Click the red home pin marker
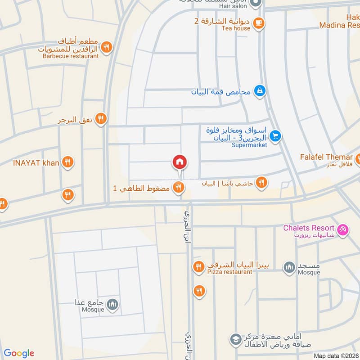[180, 162]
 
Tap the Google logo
[19, 353]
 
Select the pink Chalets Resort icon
[343, 229]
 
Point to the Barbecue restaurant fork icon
[106, 47]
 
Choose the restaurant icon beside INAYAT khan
[68, 162]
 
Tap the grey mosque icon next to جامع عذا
[113, 305]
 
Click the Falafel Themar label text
[326, 157]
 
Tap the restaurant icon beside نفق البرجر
[101, 119]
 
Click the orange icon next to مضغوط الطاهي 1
[179, 187]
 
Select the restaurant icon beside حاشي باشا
[261, 182]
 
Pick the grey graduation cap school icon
[235, 338]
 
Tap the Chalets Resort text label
[309, 228]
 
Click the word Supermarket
[249, 145]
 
